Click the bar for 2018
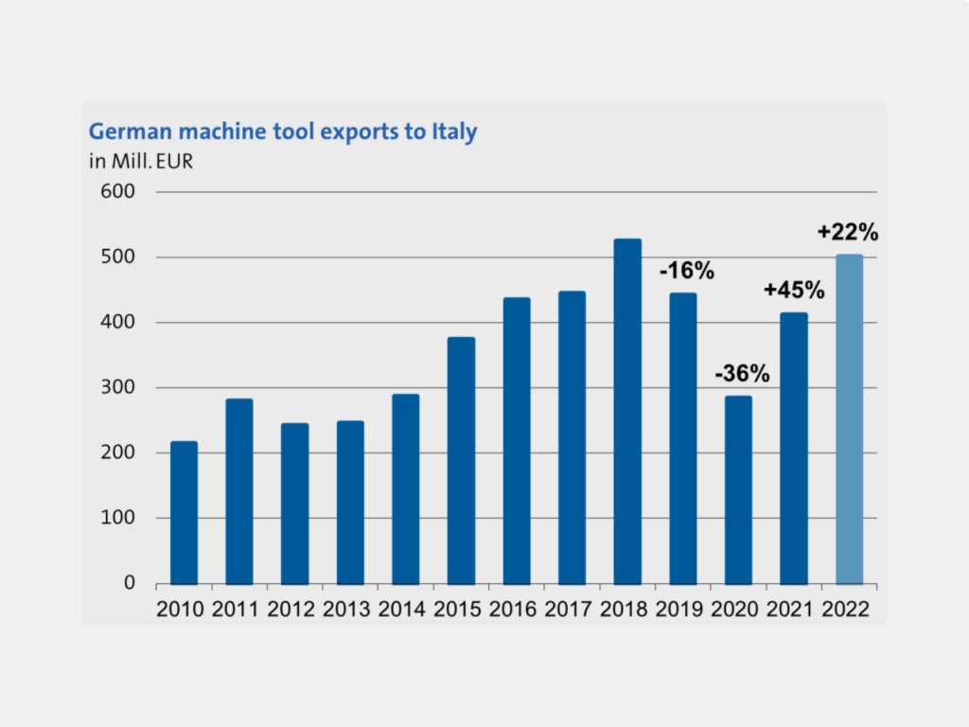click(x=627, y=412)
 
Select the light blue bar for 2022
click(x=849, y=419)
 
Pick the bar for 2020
click(x=738, y=489)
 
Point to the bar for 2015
click(x=461, y=460)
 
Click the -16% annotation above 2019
click(x=686, y=272)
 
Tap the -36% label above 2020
click(x=742, y=373)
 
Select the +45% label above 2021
click(x=795, y=291)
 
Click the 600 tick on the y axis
click(x=120, y=192)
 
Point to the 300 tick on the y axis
click(x=120, y=388)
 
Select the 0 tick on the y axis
click(x=131, y=584)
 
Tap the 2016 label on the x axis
click(x=517, y=609)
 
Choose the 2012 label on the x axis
click(x=294, y=609)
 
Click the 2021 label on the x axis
click(x=794, y=609)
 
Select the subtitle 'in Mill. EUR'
click(x=141, y=160)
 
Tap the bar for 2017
click(x=572, y=437)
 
